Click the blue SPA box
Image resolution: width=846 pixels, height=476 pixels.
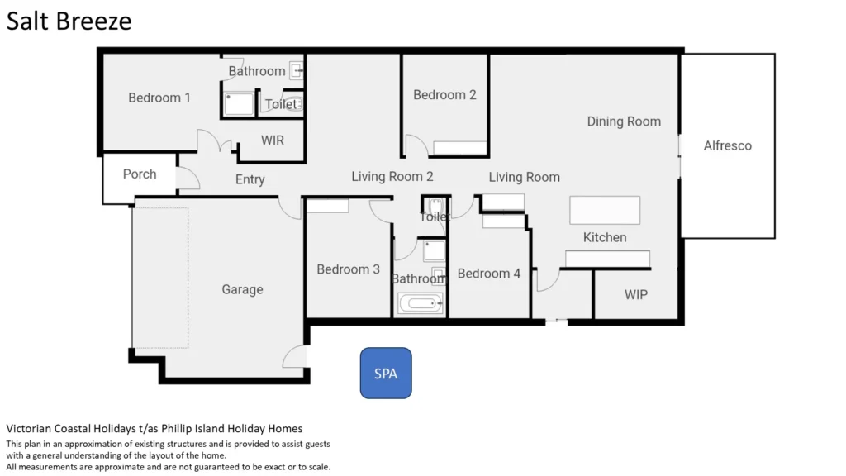(386, 373)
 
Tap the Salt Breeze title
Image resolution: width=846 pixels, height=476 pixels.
(69, 21)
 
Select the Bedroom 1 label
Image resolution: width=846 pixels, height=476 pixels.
(159, 98)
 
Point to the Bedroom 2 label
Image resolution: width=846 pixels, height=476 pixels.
(444, 95)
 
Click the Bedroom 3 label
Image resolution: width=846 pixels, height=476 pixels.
(348, 269)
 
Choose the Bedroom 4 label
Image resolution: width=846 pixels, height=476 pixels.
(489, 274)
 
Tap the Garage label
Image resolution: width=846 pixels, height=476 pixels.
(242, 290)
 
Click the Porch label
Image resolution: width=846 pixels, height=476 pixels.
(140, 174)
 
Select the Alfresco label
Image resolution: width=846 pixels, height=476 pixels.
(727, 145)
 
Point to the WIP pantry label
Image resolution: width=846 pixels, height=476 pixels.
(636, 295)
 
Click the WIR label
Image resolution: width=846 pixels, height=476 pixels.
(273, 140)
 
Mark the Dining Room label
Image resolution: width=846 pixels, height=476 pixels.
(624, 122)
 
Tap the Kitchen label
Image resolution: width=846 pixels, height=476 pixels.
(605, 237)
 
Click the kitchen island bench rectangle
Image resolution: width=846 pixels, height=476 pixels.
(605, 210)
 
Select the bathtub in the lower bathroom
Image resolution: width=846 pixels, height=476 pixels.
(421, 303)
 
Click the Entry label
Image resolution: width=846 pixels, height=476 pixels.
(250, 179)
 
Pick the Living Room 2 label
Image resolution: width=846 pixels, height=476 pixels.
(392, 177)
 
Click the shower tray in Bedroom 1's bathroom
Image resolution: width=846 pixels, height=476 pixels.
(239, 103)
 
